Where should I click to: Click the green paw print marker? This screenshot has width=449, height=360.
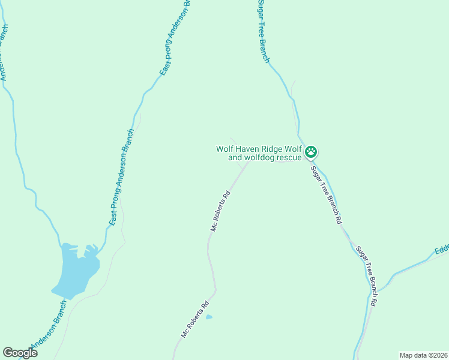click(x=311, y=152)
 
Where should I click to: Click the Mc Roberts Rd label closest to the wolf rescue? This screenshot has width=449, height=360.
click(x=220, y=211)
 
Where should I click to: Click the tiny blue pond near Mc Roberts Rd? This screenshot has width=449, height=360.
click(x=209, y=317)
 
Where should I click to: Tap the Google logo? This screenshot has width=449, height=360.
click(x=20, y=352)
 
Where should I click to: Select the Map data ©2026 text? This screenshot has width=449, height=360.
click(x=423, y=355)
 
